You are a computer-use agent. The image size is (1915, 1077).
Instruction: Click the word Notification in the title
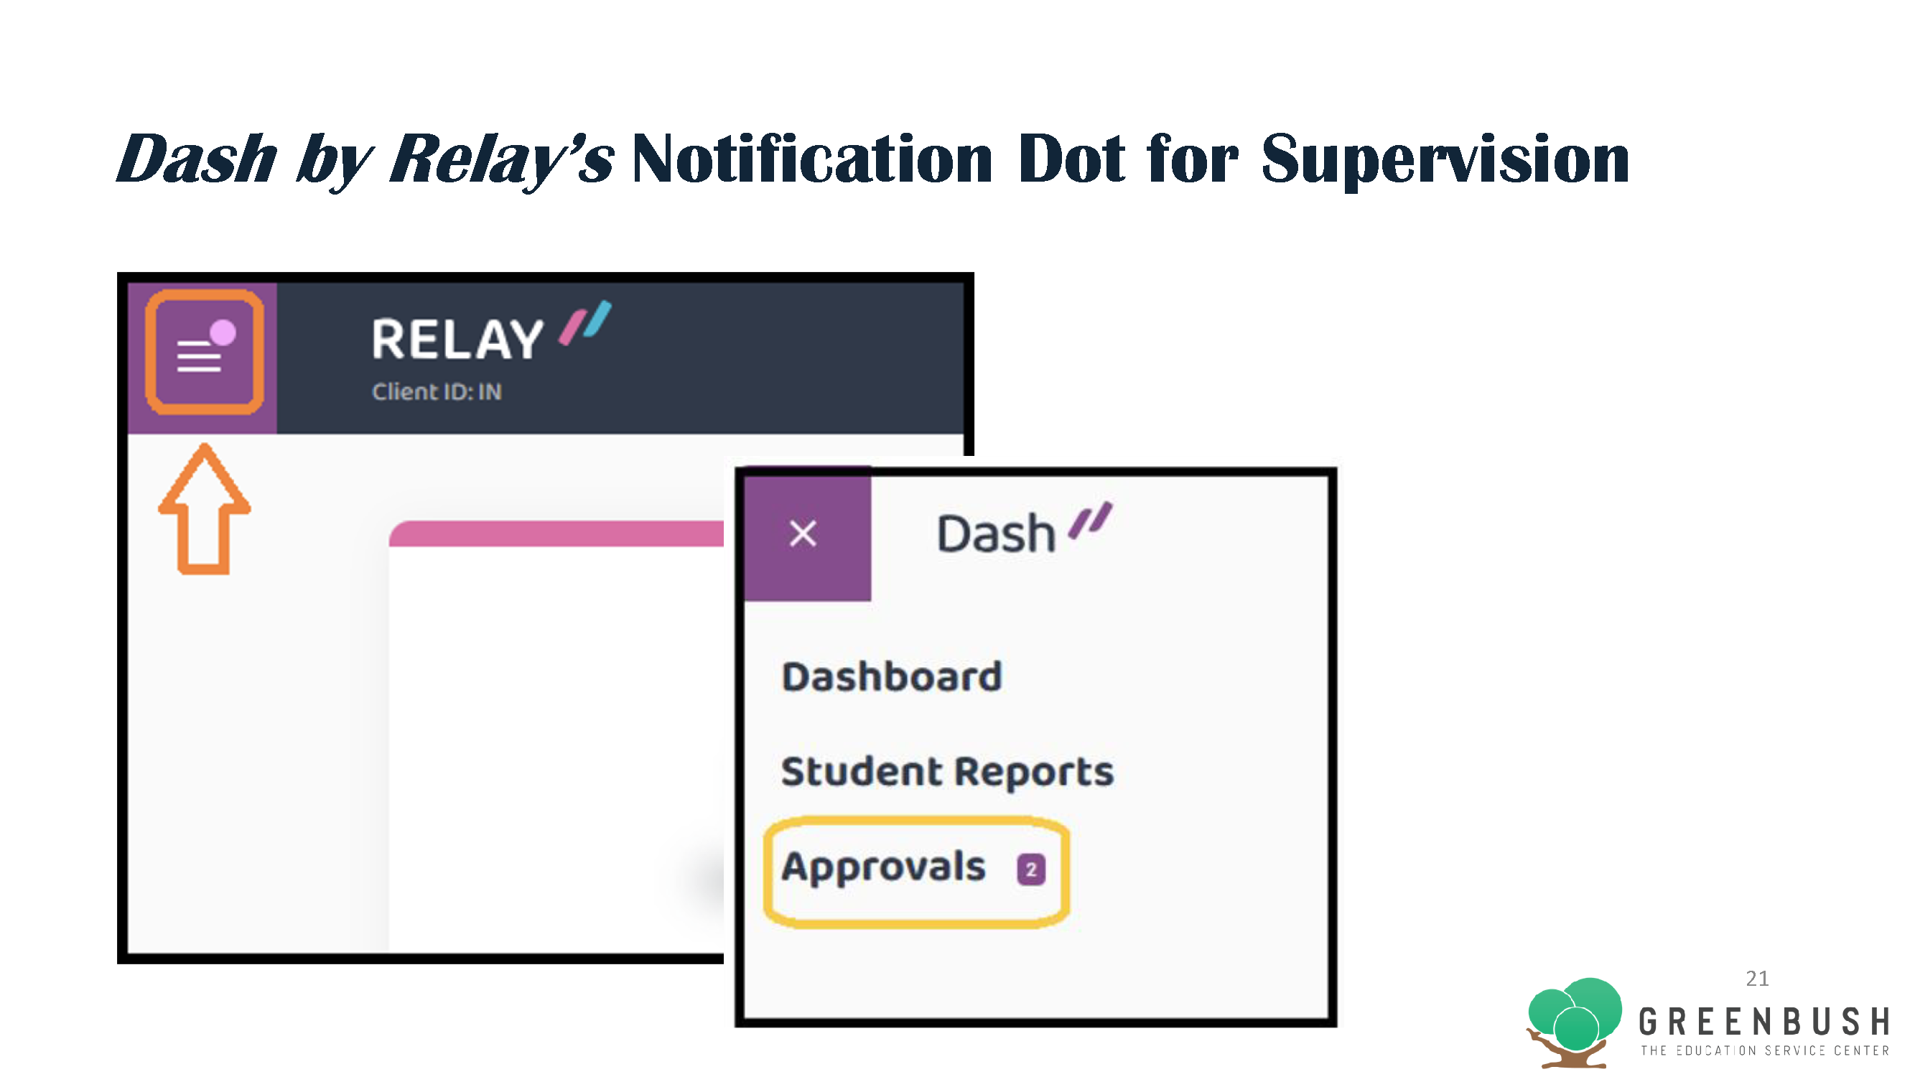click(812, 159)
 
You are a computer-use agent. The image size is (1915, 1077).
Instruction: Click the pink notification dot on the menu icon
click(223, 332)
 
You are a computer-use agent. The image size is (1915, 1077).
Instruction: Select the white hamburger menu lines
click(198, 356)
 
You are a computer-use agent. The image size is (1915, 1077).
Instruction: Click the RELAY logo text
click(458, 340)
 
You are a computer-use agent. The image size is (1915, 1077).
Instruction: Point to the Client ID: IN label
click(437, 392)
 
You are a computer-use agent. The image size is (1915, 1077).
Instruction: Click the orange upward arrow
click(205, 508)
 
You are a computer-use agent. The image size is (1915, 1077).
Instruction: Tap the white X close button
click(803, 533)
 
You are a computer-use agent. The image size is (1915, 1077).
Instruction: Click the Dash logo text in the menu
click(996, 533)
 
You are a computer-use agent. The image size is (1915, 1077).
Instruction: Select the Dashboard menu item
click(892, 676)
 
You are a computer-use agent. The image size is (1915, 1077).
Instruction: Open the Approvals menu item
click(884, 867)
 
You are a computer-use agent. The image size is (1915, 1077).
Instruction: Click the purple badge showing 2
click(1031, 869)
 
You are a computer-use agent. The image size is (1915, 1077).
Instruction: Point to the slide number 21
click(1758, 978)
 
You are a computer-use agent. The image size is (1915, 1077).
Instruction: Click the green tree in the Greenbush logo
click(1575, 1020)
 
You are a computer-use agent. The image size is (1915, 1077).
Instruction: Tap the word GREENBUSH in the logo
click(1765, 1022)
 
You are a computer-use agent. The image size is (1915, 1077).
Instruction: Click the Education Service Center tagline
click(1765, 1050)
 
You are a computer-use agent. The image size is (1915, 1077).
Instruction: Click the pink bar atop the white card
click(556, 533)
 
